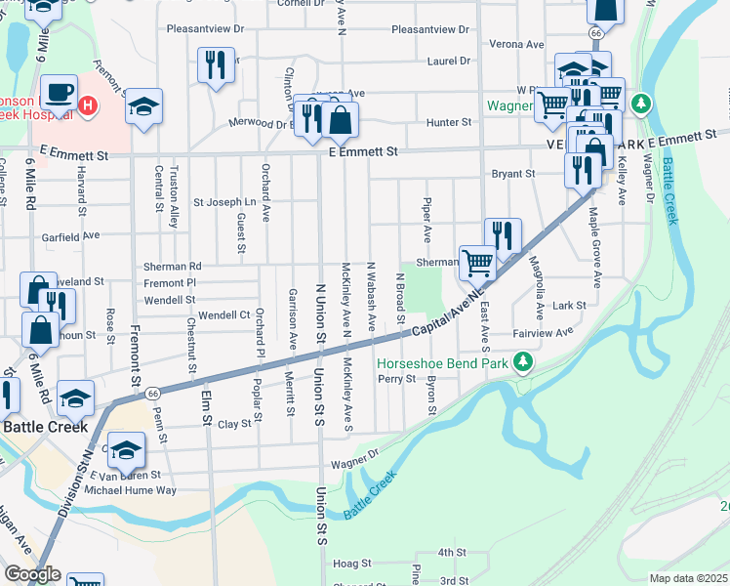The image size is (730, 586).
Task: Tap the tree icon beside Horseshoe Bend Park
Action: point(524,363)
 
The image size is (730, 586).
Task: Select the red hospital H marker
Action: point(88,105)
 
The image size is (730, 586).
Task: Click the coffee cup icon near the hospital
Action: point(59,92)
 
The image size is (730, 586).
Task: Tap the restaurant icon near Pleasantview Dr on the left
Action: point(216,64)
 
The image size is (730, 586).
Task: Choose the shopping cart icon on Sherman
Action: point(476,262)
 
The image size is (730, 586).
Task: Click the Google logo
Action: point(32,574)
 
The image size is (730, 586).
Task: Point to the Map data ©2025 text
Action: point(688,578)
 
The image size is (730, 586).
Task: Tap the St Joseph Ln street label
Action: point(224,203)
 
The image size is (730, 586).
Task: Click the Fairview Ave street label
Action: point(544,333)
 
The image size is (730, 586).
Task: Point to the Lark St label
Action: point(568,305)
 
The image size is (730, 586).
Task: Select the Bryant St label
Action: point(513,174)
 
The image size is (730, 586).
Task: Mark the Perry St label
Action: point(396,379)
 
